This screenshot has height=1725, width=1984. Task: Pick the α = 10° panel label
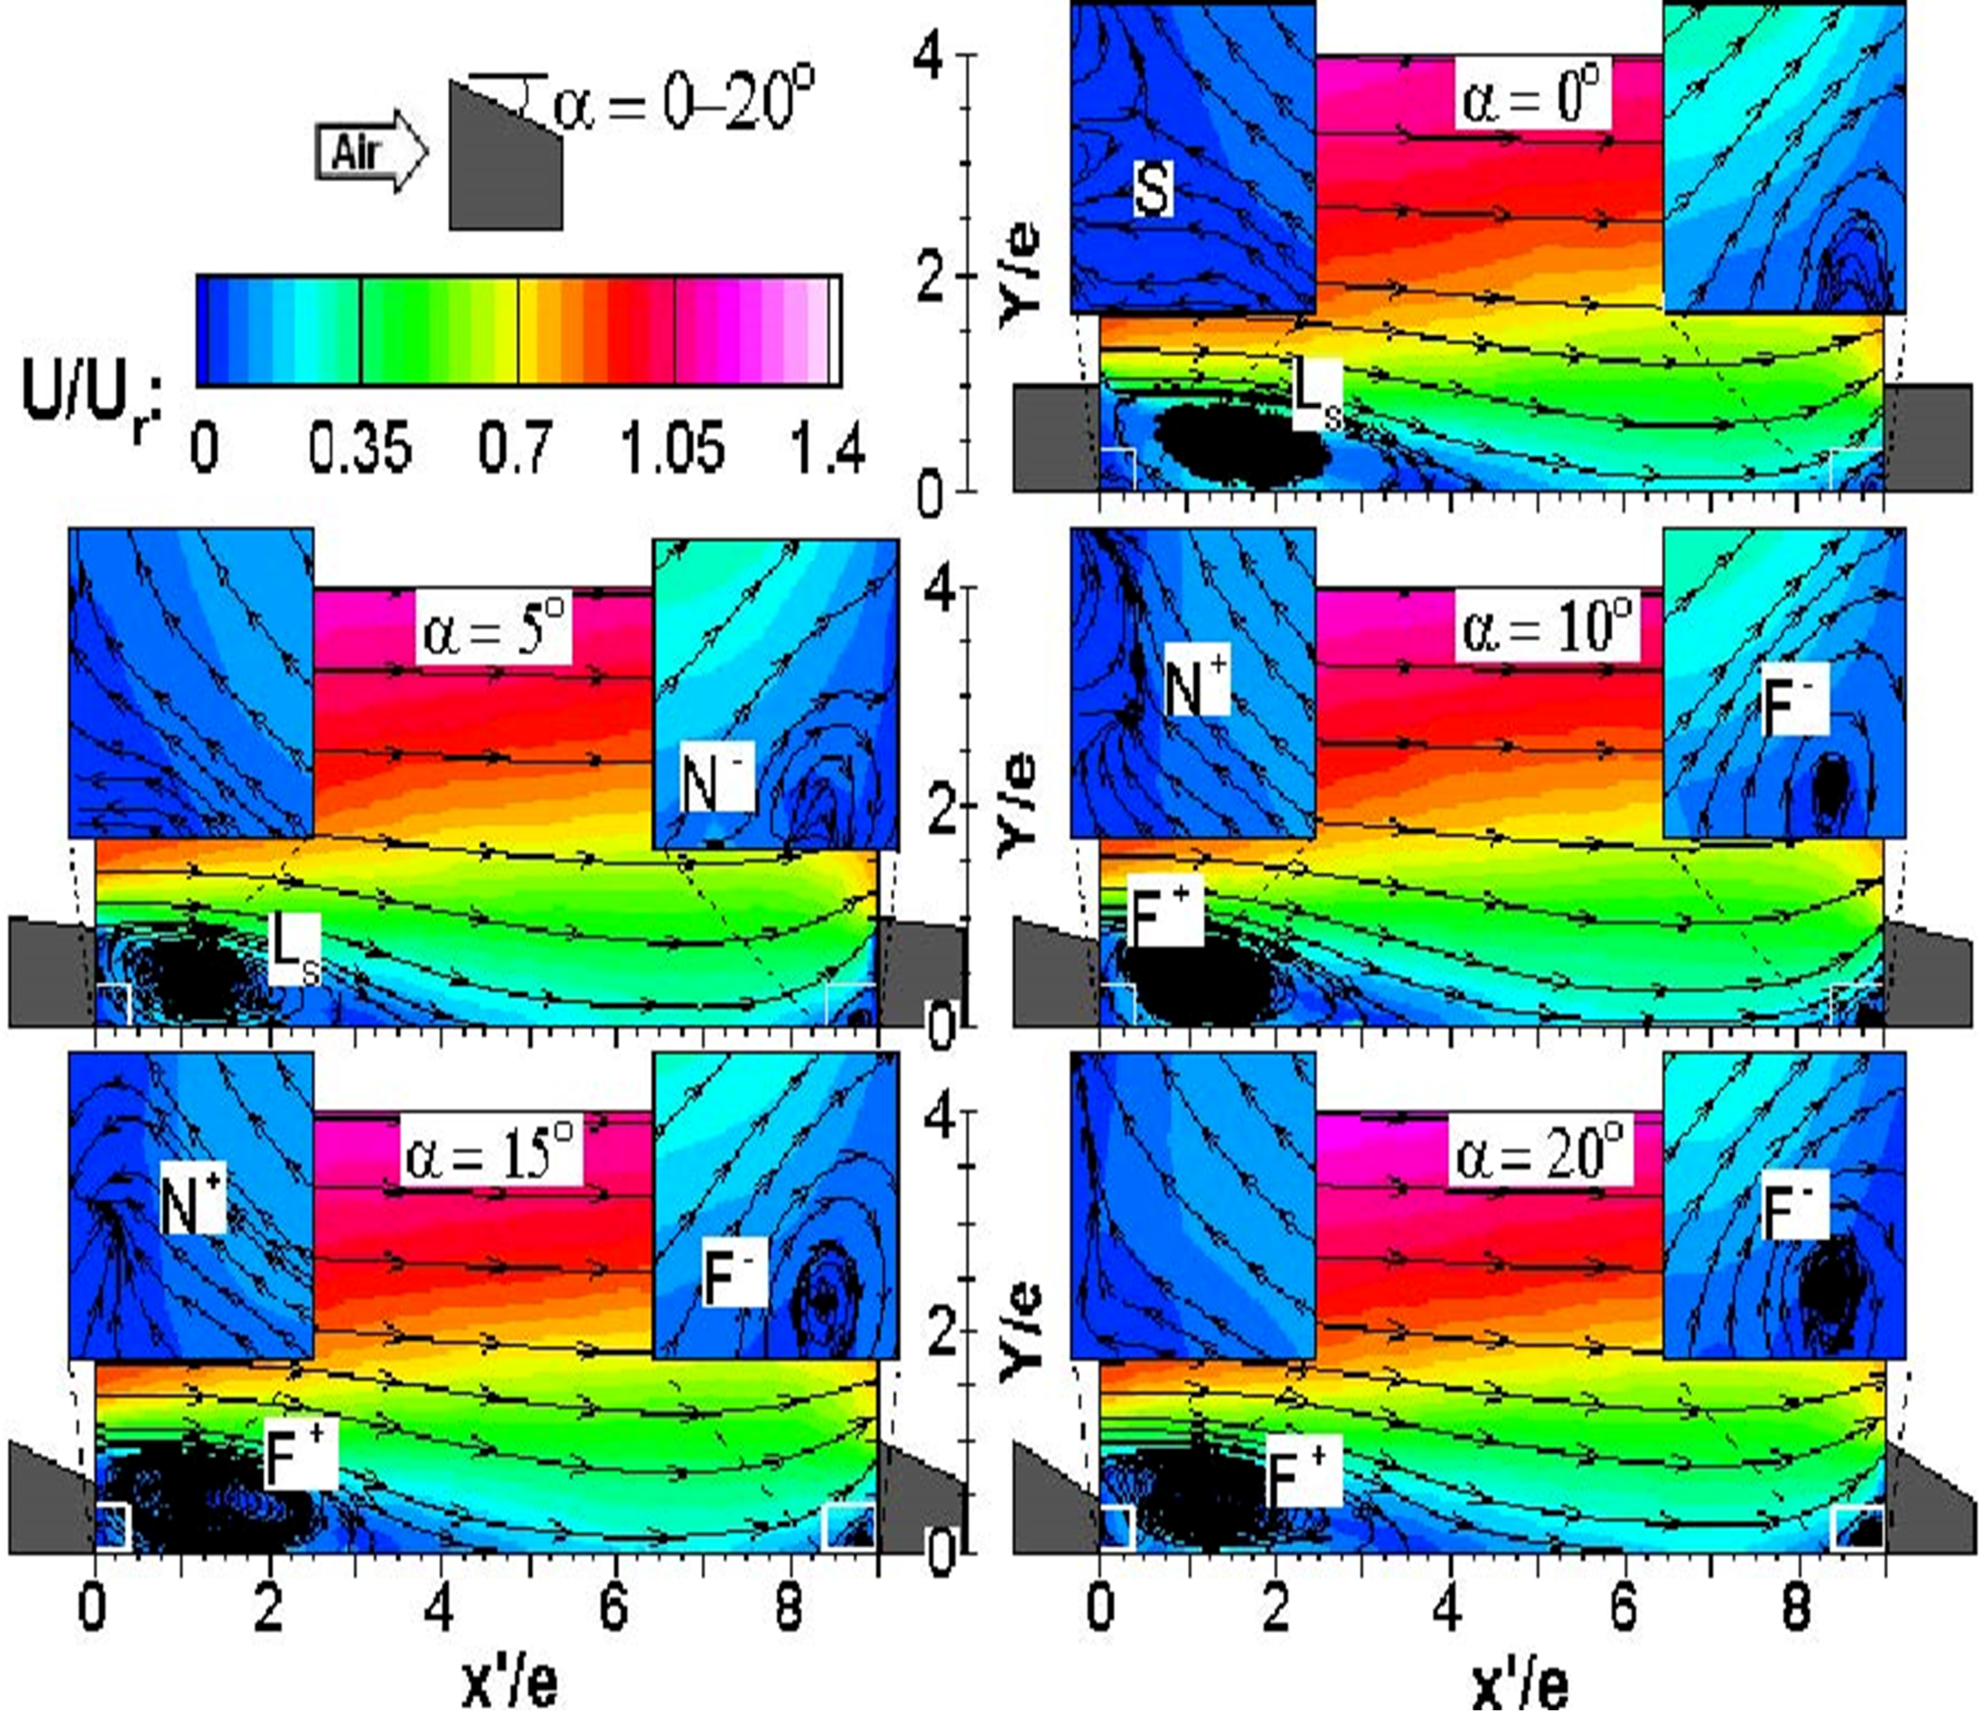(1546, 628)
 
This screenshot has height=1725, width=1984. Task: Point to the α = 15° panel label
(492, 1153)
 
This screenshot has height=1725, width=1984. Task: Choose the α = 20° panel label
(1541, 1153)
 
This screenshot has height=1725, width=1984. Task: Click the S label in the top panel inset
(1152, 189)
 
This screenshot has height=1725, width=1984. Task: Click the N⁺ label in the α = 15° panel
(192, 1206)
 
